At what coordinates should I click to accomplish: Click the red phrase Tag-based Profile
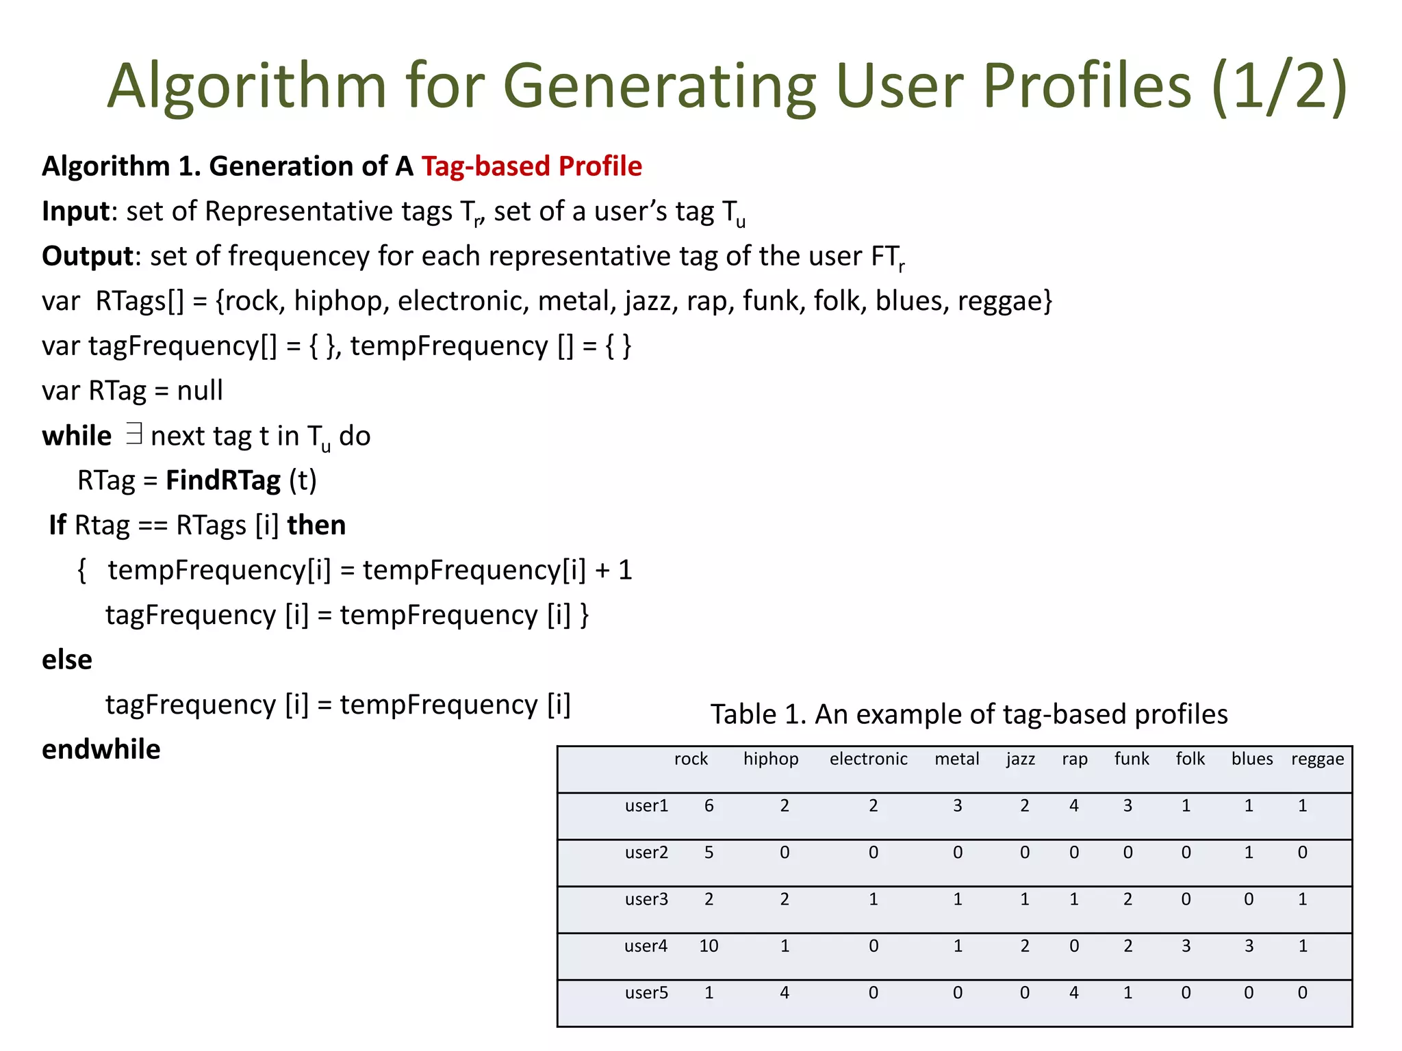coord(531,166)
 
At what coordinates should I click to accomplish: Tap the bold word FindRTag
coord(223,480)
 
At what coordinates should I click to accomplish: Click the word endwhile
coord(101,749)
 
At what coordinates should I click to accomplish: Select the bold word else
coord(67,660)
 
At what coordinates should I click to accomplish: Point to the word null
coord(200,391)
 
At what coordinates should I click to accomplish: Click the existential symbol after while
coord(134,434)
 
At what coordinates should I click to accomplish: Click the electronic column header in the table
coord(868,759)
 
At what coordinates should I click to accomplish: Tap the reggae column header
coord(1317,759)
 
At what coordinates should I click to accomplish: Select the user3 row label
coord(646,899)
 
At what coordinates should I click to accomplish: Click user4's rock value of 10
coord(709,946)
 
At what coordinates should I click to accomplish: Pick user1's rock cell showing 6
coord(709,805)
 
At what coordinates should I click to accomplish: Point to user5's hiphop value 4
coord(785,992)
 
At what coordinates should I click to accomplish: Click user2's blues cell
coord(1249,853)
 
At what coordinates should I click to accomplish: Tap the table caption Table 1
coord(969,714)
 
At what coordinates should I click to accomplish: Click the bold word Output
coord(87,256)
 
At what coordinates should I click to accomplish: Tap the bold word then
coord(316,525)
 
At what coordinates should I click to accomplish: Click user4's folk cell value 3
coord(1186,946)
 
